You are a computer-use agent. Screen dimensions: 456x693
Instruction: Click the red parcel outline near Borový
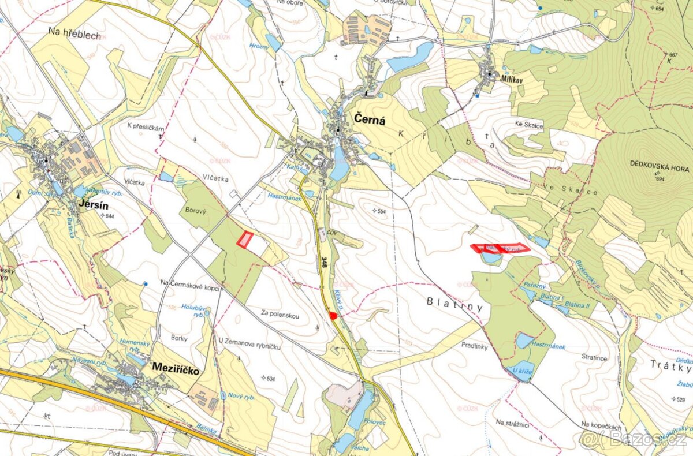[x=246, y=240]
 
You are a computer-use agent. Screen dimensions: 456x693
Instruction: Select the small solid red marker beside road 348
[x=333, y=315]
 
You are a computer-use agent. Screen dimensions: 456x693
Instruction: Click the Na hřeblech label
[x=74, y=36]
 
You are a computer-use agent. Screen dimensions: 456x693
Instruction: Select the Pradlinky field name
[x=475, y=346]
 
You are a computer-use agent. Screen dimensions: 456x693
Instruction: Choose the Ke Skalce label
[x=530, y=125]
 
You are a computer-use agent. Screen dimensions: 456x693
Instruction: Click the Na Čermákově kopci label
[x=191, y=283]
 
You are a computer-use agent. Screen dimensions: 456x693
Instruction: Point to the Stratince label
[x=595, y=358]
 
